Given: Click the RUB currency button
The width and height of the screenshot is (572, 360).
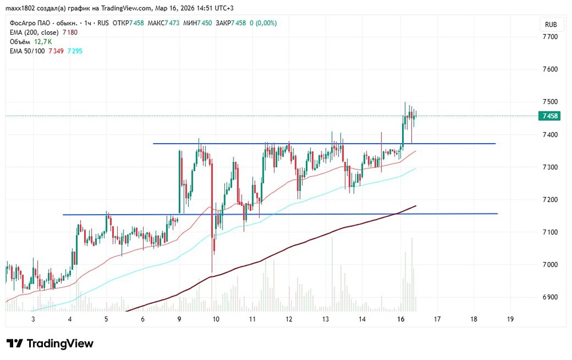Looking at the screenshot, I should click(551, 25).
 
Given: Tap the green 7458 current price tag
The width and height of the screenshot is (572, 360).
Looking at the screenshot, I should click(550, 116).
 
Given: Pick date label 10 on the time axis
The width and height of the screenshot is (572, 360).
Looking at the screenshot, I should click(216, 319).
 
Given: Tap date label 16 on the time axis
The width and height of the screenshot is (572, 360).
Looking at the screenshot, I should click(400, 319).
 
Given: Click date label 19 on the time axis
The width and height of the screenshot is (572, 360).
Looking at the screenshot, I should click(510, 319).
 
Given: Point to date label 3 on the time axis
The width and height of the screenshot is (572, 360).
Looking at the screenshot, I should click(33, 319).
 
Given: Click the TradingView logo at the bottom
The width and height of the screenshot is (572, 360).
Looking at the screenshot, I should click(50, 343).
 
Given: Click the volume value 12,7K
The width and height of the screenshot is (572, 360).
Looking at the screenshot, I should click(43, 42).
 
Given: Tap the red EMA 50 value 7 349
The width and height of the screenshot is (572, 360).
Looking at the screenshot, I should click(55, 51).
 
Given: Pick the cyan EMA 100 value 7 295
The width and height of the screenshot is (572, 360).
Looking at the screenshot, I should click(75, 51).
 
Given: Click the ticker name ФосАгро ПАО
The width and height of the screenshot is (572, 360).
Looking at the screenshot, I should click(31, 23).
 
